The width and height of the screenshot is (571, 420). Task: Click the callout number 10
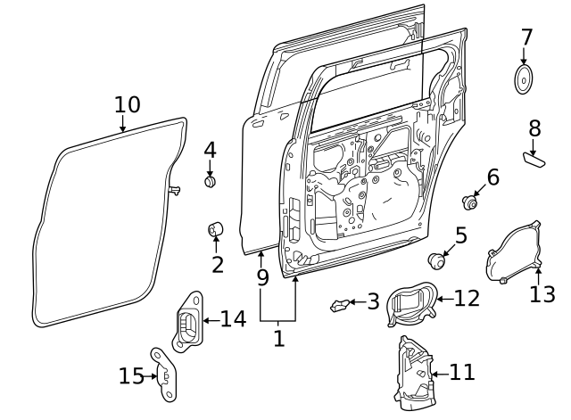[128, 104]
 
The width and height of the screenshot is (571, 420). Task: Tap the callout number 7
[526, 37]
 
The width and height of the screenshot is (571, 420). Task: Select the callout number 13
[542, 294]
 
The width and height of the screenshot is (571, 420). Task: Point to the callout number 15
[131, 376]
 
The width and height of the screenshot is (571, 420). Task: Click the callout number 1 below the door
[278, 339]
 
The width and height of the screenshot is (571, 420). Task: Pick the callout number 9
[262, 277]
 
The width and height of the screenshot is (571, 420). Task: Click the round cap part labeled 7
[524, 79]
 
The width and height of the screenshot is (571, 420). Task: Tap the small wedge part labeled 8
[535, 159]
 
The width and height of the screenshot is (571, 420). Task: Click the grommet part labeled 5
[436, 260]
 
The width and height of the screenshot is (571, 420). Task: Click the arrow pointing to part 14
[209, 320]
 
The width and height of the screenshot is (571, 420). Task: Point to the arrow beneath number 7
[524, 57]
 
